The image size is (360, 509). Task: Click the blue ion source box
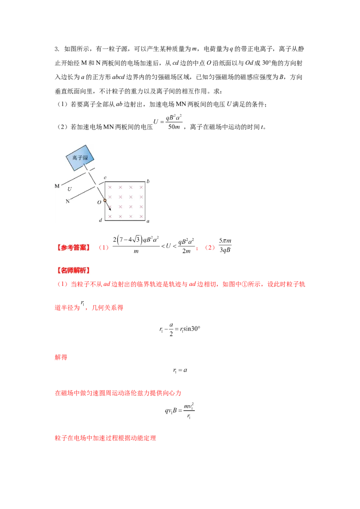pyautogui.click(x=80, y=158)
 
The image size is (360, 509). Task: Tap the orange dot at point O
pyautogui.click(x=105, y=200)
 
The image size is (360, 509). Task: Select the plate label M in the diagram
pyautogui.click(x=57, y=186)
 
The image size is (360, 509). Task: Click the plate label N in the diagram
pyautogui.click(x=67, y=201)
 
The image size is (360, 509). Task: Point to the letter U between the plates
pyautogui.click(x=69, y=189)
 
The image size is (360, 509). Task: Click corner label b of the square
pyautogui.click(x=148, y=181)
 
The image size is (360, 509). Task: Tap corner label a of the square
pyautogui.click(x=148, y=221)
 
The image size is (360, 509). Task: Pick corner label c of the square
pyautogui.click(x=105, y=178)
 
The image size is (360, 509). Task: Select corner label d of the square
pyautogui.click(x=100, y=220)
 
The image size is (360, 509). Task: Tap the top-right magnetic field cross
pyautogui.click(x=141, y=188)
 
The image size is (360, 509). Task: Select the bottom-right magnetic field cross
pyautogui.click(x=141, y=216)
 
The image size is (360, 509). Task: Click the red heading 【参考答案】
pyautogui.click(x=73, y=248)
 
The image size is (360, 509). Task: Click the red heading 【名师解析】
pyautogui.click(x=73, y=270)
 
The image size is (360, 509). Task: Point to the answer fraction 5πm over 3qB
pyautogui.click(x=225, y=245)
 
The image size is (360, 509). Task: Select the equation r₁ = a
pyautogui.click(x=180, y=371)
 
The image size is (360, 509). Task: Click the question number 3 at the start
pyautogui.click(x=57, y=49)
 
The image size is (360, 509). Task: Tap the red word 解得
pyautogui.click(x=61, y=357)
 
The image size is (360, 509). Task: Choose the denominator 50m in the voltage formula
pyautogui.click(x=174, y=127)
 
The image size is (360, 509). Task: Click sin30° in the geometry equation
pyautogui.click(x=192, y=329)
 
